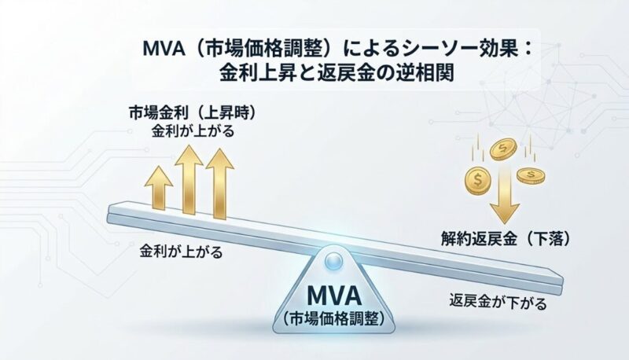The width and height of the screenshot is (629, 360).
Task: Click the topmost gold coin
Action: (502, 149)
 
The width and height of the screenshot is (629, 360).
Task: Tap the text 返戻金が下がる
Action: (498, 302)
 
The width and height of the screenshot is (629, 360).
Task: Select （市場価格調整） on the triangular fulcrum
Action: (333, 319)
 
